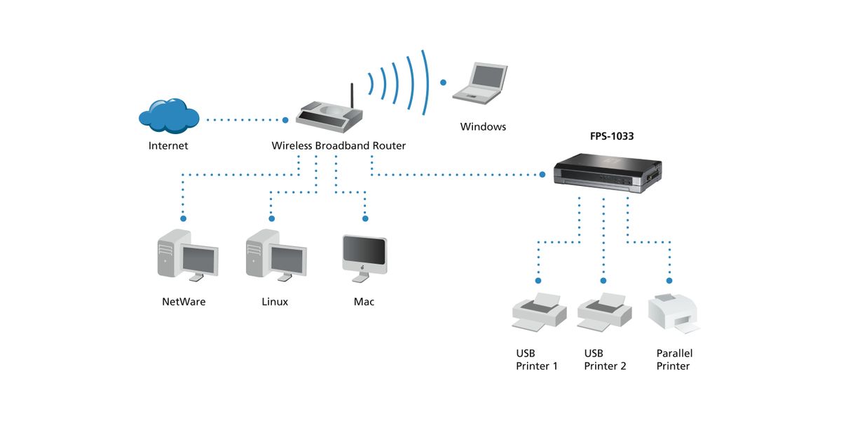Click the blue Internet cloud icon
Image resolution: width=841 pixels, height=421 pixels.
point(168,115)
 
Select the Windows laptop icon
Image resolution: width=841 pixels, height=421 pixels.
point(480,81)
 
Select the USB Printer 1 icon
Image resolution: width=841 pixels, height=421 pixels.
point(538,311)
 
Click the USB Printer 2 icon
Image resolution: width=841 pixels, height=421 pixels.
point(604,311)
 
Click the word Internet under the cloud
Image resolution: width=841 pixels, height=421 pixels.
point(168,146)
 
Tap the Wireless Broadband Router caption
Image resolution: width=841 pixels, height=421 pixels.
point(339,146)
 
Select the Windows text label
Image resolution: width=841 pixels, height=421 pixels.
point(483,127)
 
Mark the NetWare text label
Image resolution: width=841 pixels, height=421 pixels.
point(184,302)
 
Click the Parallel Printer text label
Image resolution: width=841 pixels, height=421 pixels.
point(674,360)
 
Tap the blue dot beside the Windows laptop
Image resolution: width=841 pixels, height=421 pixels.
point(443,82)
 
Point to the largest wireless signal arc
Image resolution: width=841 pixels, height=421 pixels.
point(425,82)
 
